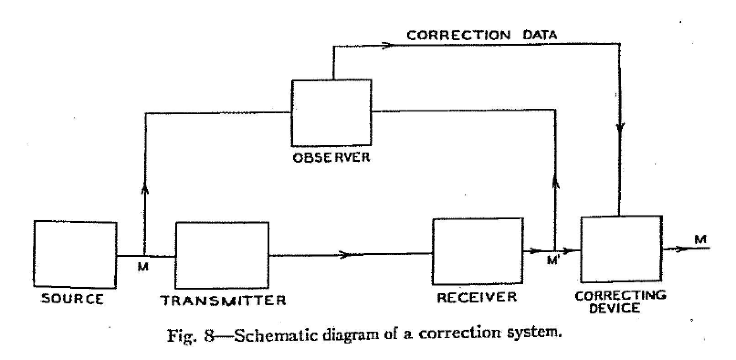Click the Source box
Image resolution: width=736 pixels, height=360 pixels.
(75, 254)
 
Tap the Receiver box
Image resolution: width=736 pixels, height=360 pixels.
(478, 251)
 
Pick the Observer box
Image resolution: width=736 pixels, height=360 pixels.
(331, 112)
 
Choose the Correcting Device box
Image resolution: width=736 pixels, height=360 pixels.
(621, 249)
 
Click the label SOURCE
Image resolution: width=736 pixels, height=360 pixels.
(73, 299)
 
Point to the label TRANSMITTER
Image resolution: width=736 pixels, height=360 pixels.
(224, 300)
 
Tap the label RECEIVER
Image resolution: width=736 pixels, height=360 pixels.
(477, 297)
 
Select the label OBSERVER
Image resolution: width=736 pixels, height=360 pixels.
(331, 158)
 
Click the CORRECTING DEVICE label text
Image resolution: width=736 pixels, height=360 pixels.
(620, 302)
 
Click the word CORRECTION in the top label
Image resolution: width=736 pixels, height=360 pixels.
(458, 35)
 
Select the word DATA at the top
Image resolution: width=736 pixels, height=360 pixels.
(540, 35)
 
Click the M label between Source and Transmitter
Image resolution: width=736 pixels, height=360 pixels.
(143, 266)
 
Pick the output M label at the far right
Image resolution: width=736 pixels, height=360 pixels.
(700, 239)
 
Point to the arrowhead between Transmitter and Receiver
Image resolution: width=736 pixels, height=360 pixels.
(346, 254)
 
